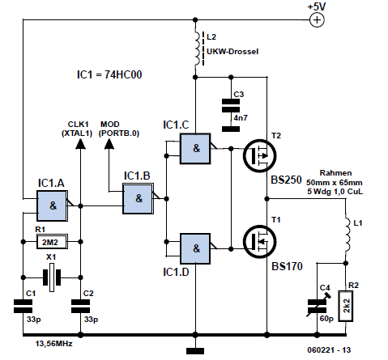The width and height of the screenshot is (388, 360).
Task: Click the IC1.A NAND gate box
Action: click(52, 205)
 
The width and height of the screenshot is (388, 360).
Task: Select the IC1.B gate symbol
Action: click(139, 199)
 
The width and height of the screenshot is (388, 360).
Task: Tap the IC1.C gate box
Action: click(195, 148)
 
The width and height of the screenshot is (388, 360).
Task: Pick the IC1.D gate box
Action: click(195, 248)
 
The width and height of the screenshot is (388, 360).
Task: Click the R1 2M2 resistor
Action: click(52, 242)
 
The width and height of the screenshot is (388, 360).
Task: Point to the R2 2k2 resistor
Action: click(346, 306)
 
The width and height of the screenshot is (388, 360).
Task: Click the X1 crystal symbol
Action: click(52, 277)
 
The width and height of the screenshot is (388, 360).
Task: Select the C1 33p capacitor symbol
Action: click(23, 306)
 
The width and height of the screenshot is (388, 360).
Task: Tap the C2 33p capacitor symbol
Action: click(80, 306)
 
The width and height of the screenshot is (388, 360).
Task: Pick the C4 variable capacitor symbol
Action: click(318, 306)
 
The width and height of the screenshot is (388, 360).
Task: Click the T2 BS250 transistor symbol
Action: click(260, 155)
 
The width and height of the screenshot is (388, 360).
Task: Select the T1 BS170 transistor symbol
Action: click(260, 241)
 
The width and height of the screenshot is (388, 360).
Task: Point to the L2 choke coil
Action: click(198, 49)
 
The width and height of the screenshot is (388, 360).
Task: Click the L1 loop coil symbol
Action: click(347, 233)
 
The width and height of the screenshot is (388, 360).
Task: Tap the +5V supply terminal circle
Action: click(317, 20)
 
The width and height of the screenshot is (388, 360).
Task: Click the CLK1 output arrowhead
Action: click(80, 144)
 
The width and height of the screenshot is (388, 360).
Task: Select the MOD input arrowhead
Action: click(109, 144)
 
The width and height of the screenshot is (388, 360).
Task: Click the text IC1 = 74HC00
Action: click(109, 74)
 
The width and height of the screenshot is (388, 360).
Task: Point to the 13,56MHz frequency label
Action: click(53, 344)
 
